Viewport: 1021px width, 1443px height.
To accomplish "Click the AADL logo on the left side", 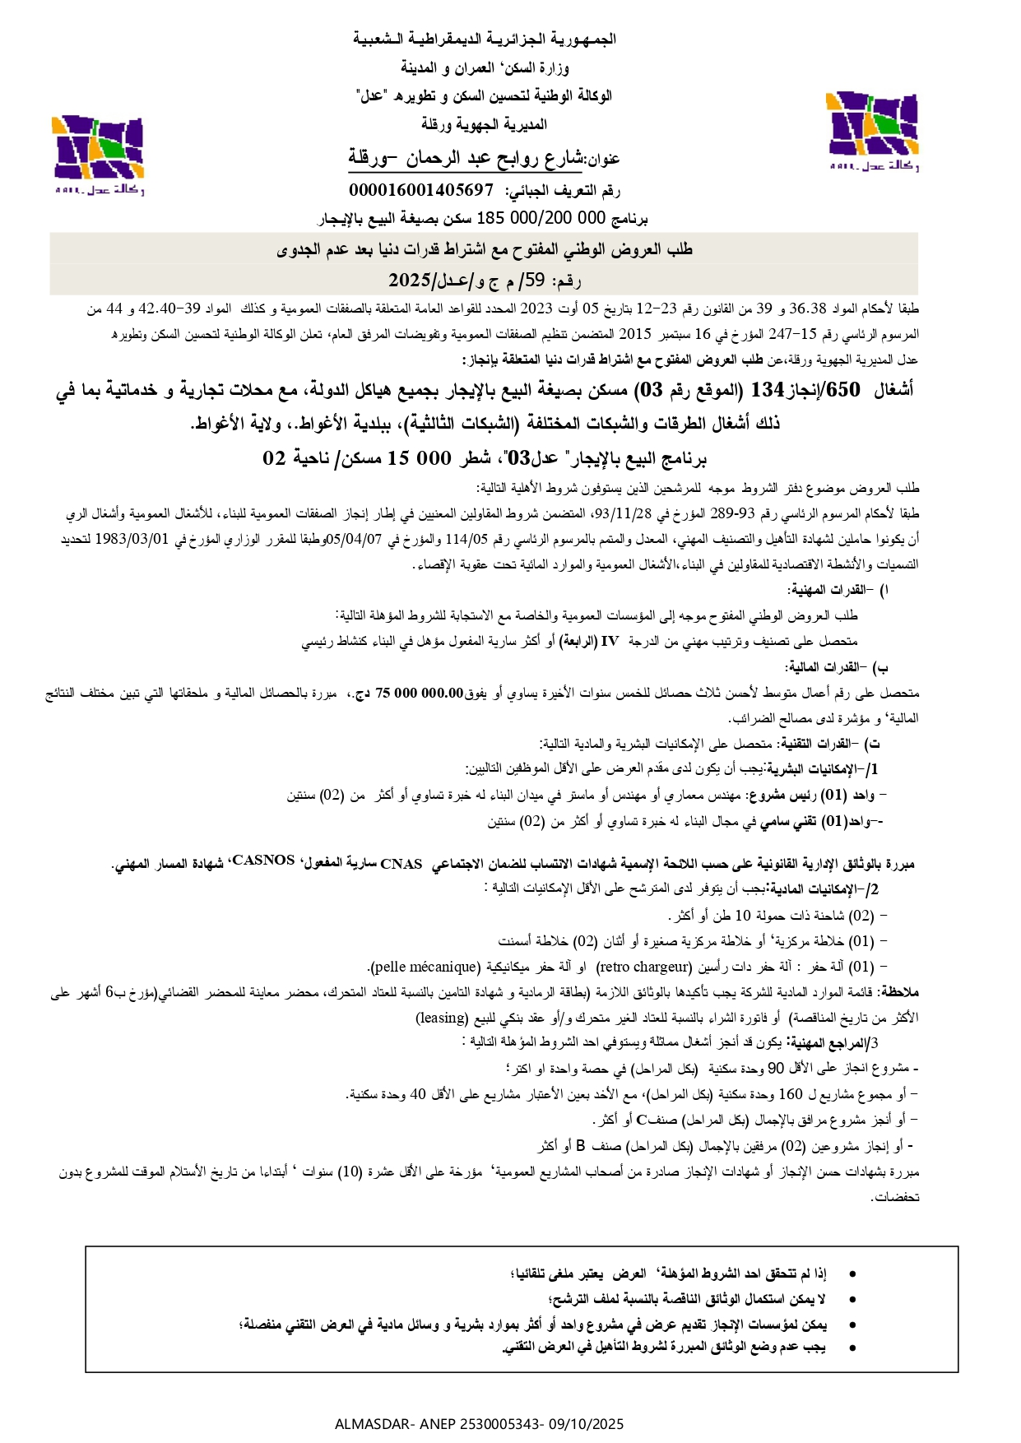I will pyautogui.click(x=98, y=154).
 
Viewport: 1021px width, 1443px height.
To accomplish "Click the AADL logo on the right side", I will pyautogui.click(x=873, y=132).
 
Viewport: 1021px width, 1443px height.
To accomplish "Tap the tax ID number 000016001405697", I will pyautogui.click(x=420, y=191).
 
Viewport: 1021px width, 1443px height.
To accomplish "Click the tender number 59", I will pyautogui.click(x=535, y=281).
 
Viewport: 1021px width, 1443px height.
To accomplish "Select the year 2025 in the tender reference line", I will pyautogui.click(x=410, y=281).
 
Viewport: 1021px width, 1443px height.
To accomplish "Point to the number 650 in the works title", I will pyautogui.click(x=842, y=390).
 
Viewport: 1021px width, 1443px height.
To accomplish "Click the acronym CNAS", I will pyautogui.click(x=401, y=864).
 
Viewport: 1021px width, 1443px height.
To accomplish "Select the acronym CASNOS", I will pyautogui.click(x=263, y=861).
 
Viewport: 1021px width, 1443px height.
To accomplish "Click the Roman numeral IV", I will pyautogui.click(x=610, y=641).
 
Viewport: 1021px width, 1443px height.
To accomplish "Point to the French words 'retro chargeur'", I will pyautogui.click(x=643, y=967).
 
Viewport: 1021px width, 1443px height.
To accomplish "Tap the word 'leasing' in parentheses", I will pyautogui.click(x=442, y=1018).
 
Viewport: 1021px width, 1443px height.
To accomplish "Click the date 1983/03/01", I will pyautogui.click(x=132, y=540).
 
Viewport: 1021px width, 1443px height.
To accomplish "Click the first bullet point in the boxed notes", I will pyautogui.click(x=852, y=1274).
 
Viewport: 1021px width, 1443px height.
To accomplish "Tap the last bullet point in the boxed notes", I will pyautogui.click(x=852, y=1348).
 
